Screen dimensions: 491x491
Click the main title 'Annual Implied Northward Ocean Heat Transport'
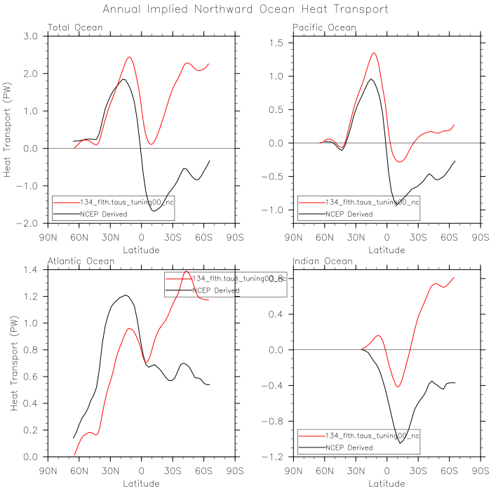tap(245, 10)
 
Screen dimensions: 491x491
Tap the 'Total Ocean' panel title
tap(75, 28)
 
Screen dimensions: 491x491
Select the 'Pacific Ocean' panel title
tap(324, 28)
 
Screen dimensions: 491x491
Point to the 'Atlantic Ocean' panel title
tap(80, 262)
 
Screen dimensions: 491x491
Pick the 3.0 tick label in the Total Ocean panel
tap(31, 36)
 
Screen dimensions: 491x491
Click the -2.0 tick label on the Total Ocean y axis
tap(29, 223)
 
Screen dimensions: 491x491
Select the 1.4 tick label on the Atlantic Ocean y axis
tap(31, 270)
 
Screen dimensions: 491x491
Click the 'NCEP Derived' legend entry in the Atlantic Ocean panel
tap(215, 290)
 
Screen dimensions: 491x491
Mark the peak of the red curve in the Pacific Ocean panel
tap(374, 53)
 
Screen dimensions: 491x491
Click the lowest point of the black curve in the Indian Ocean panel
tap(401, 443)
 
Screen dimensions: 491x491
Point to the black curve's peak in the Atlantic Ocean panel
tap(125, 295)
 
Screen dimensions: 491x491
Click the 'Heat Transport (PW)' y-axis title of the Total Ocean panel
tap(8, 130)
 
